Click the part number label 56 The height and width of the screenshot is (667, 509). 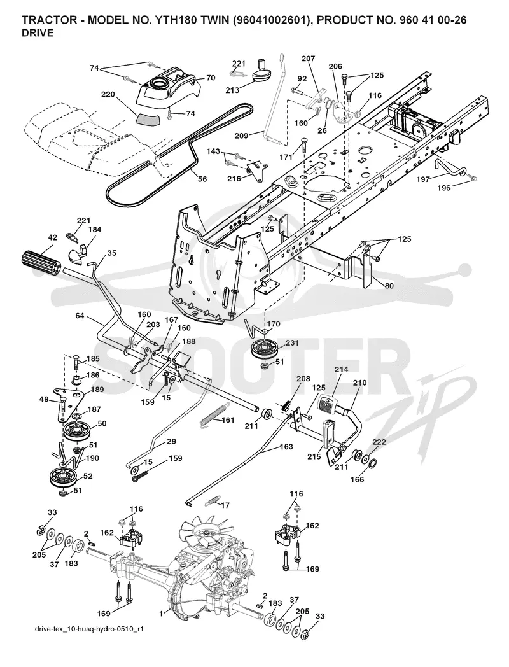[202, 179]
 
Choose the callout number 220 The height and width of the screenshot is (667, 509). [108, 94]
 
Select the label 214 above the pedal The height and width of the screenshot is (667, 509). [341, 370]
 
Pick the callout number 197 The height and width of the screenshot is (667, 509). [422, 179]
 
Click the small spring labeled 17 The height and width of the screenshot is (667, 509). [211, 502]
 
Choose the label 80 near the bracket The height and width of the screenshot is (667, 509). [389, 286]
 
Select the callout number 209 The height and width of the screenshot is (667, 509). [242, 136]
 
